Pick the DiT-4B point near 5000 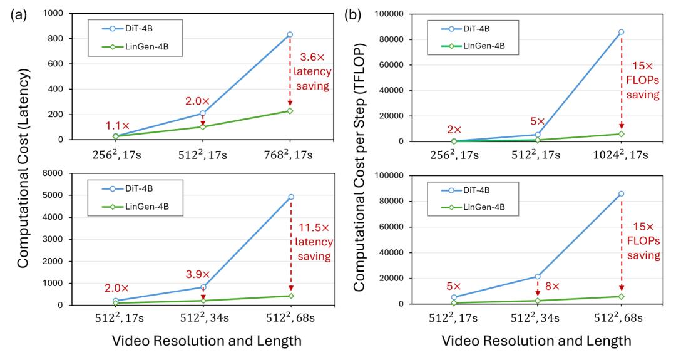(290, 197)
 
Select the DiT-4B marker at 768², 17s (290, 34)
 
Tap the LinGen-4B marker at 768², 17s (290, 111)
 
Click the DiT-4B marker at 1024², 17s (621, 32)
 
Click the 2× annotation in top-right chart (453, 129)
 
